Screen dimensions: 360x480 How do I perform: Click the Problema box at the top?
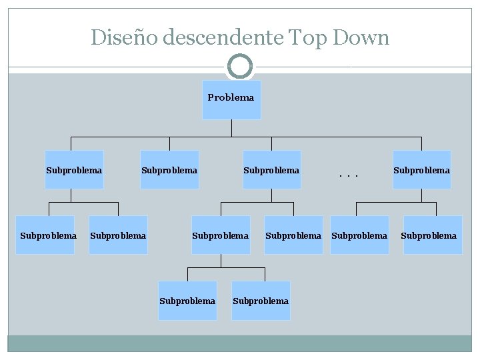click(231, 99)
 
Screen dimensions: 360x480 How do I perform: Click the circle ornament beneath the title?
click(240, 67)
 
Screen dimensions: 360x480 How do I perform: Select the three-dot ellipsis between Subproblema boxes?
click(349, 175)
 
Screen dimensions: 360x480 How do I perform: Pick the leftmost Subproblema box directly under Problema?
click(74, 170)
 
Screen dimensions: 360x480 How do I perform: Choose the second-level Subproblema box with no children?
click(169, 170)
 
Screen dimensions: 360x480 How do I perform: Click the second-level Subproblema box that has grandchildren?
click(271, 170)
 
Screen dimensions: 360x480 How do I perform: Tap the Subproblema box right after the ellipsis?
click(421, 170)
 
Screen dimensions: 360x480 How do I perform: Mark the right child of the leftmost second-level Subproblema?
click(118, 235)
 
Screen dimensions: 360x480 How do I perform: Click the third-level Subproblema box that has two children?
click(221, 235)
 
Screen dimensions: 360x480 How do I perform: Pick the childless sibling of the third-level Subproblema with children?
click(293, 235)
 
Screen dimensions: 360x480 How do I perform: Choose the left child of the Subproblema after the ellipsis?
click(359, 235)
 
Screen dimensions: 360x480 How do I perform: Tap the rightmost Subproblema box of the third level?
click(429, 235)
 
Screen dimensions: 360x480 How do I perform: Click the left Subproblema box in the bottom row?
click(187, 301)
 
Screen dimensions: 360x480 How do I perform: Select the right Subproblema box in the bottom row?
click(261, 301)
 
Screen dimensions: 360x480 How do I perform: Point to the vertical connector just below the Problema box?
click(231, 128)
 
